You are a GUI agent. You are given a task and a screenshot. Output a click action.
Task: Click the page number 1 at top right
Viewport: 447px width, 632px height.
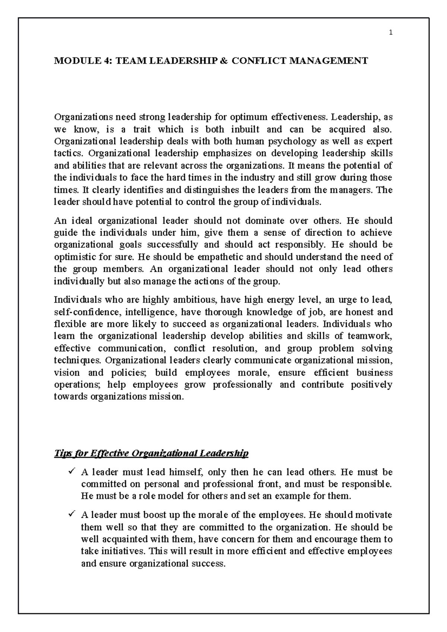[390, 32]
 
